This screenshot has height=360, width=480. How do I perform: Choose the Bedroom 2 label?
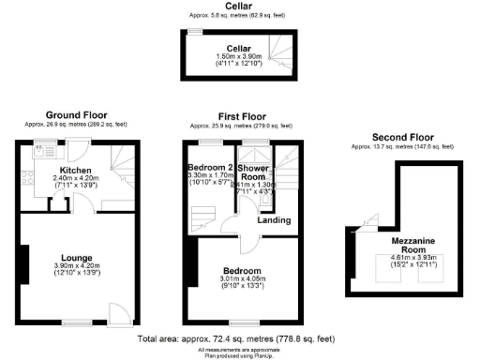click(x=208, y=167)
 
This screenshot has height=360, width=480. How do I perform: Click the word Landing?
click(x=274, y=220)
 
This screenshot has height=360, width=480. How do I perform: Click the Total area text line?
click(x=235, y=337)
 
